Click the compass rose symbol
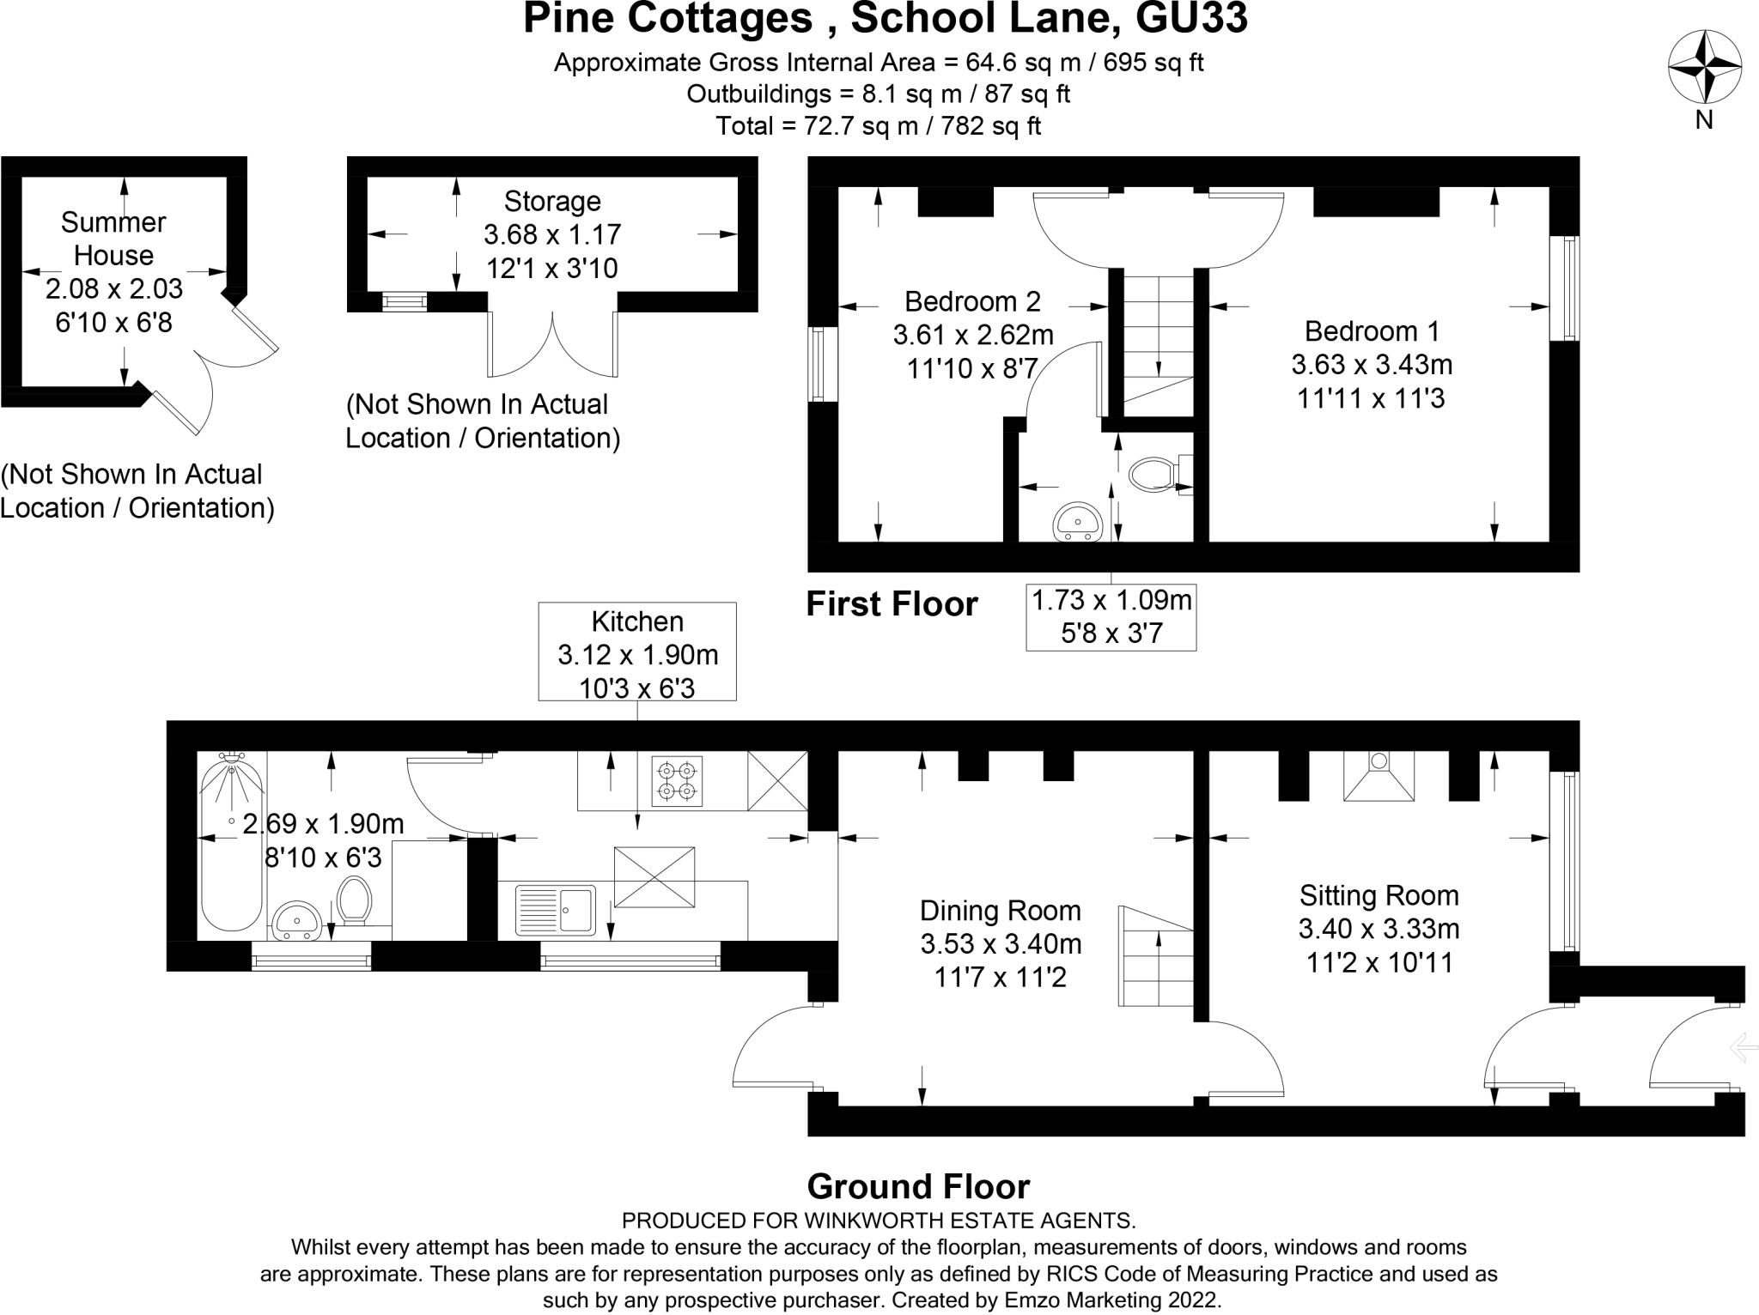tap(1704, 67)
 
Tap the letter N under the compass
tap(1704, 121)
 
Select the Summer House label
tap(113, 239)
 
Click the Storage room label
tap(551, 202)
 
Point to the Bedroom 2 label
tap(972, 301)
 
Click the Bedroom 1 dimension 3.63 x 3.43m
tap(1372, 365)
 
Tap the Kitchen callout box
tap(637, 651)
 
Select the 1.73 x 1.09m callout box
tap(1111, 617)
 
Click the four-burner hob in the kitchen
tap(677, 780)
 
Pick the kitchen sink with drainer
tap(555, 910)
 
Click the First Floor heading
tap(892, 605)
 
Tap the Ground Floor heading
tap(918, 1187)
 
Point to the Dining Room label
tap(1000, 911)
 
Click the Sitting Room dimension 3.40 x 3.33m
tap(1379, 929)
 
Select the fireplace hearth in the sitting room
tap(1379, 777)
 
